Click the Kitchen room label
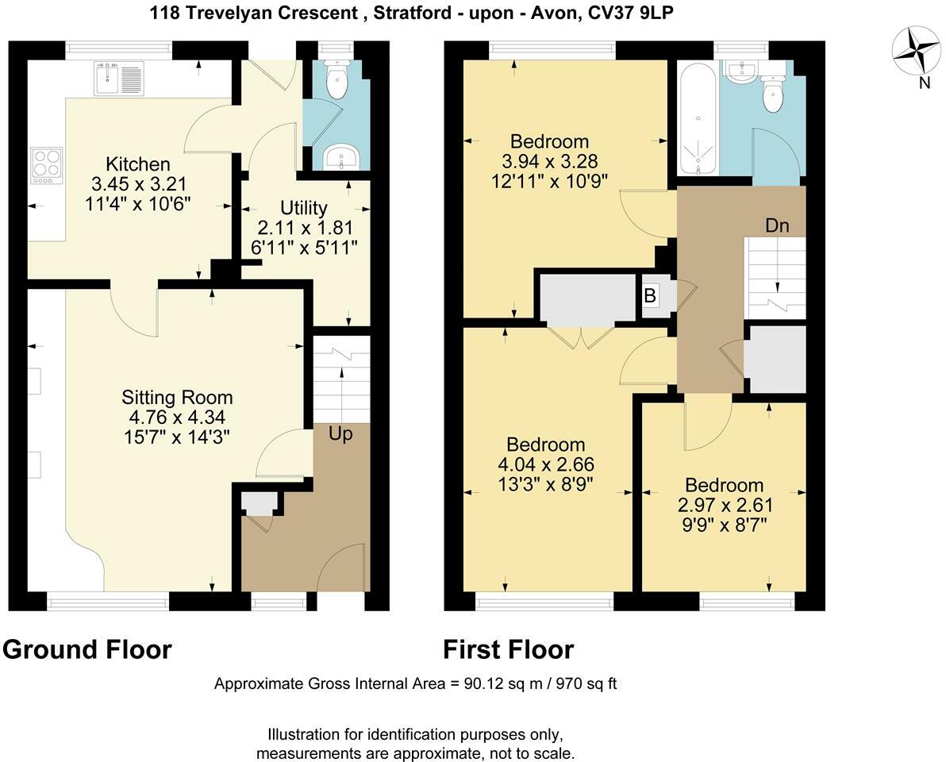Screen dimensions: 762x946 tap(138, 165)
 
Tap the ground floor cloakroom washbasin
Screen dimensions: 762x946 tap(343, 156)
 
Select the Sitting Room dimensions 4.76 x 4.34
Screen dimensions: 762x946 tap(177, 417)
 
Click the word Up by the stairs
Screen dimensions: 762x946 tap(340, 435)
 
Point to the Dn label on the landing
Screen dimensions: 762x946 tap(777, 225)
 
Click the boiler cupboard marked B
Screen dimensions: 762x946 tap(650, 296)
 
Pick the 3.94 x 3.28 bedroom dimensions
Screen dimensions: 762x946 tap(549, 161)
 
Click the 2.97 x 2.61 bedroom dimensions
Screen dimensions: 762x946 tap(725, 505)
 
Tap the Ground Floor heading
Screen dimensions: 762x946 tap(87, 649)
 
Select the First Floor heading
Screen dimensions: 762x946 tap(508, 649)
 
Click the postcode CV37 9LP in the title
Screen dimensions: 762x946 tap(627, 13)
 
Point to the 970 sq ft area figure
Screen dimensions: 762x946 tap(583, 684)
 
